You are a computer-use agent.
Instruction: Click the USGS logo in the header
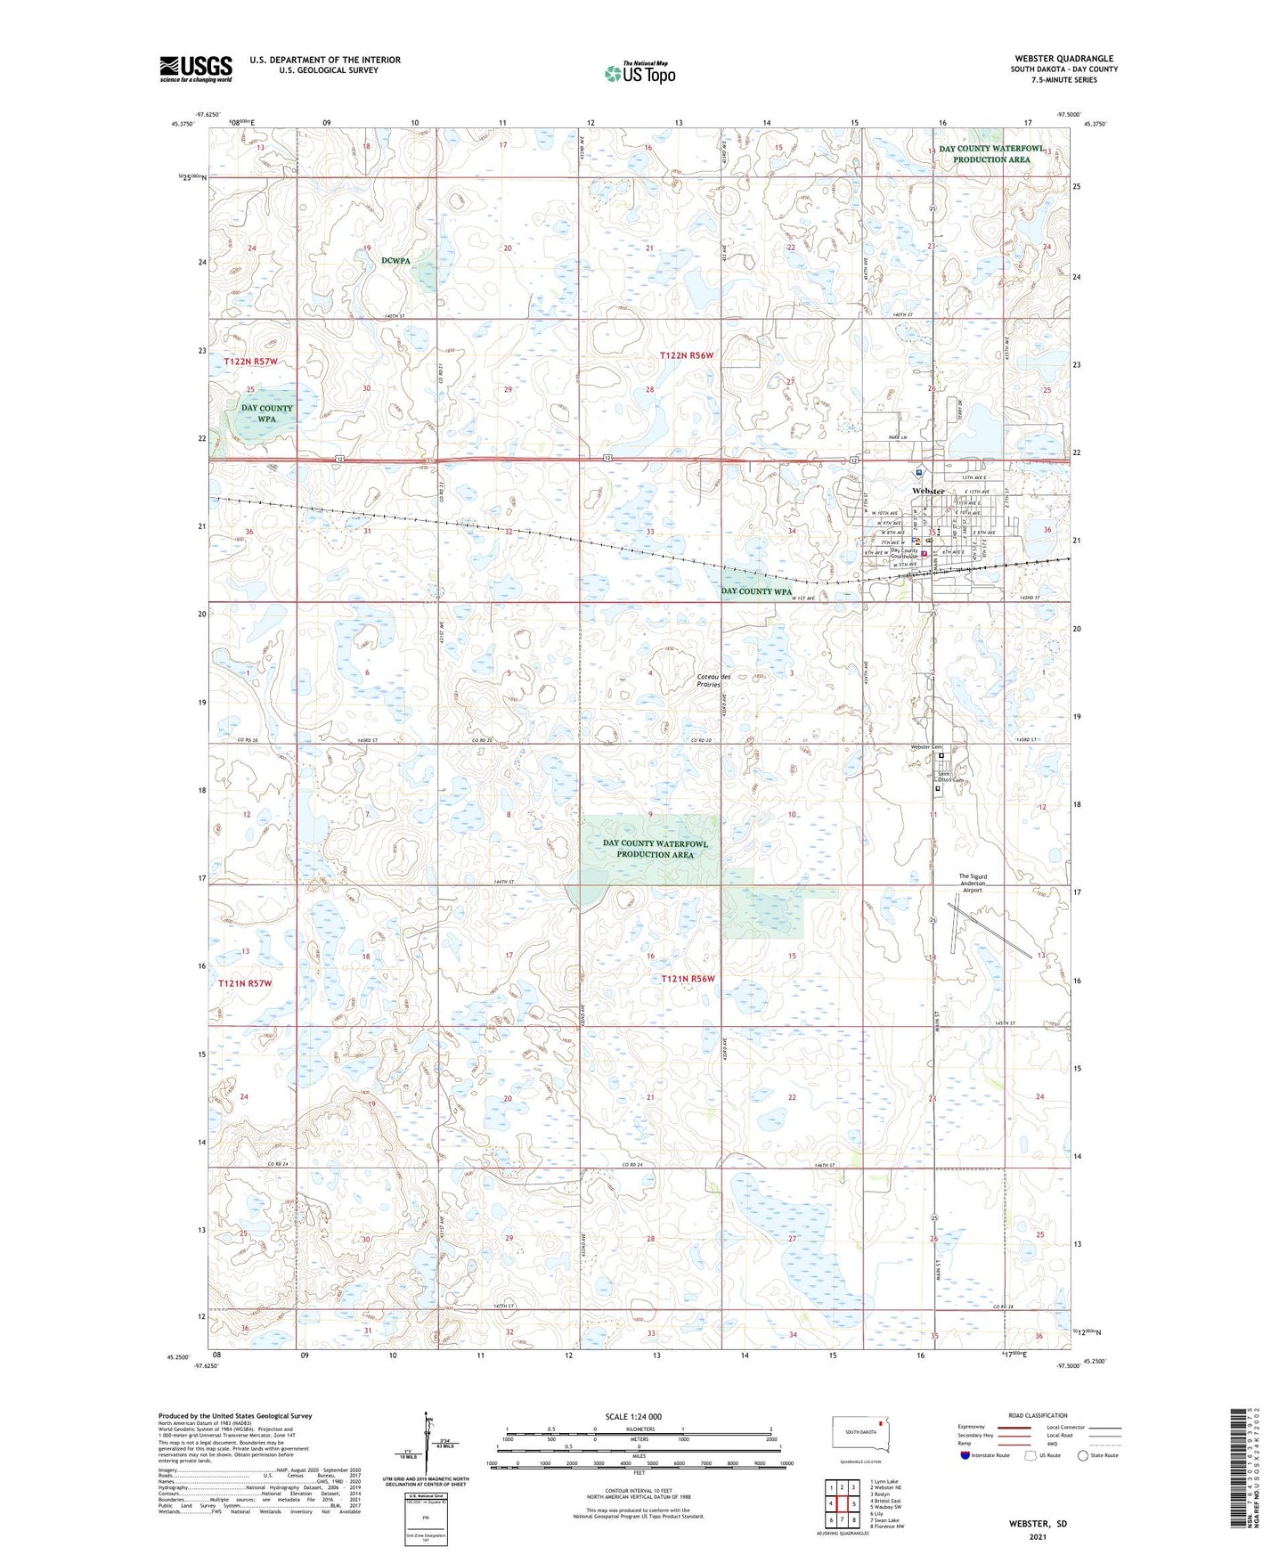[x=195, y=69]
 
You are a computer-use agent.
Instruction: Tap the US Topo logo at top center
[x=639, y=73]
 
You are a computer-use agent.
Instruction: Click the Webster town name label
[x=927, y=492]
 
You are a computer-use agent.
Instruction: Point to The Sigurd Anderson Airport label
[x=972, y=883]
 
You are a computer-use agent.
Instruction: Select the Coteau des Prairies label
[x=713, y=680]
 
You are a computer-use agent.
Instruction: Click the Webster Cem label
[x=925, y=747]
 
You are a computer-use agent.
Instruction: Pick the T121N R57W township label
[x=244, y=983]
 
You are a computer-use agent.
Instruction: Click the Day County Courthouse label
[x=904, y=554]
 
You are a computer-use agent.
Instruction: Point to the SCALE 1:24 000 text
[x=633, y=1416]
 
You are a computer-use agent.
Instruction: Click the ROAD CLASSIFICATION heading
[x=1038, y=1415]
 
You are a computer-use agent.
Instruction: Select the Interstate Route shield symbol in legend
[x=965, y=1455]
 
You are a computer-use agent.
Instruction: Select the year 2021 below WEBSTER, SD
[x=1037, y=1536]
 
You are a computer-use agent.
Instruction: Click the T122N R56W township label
[x=687, y=355]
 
